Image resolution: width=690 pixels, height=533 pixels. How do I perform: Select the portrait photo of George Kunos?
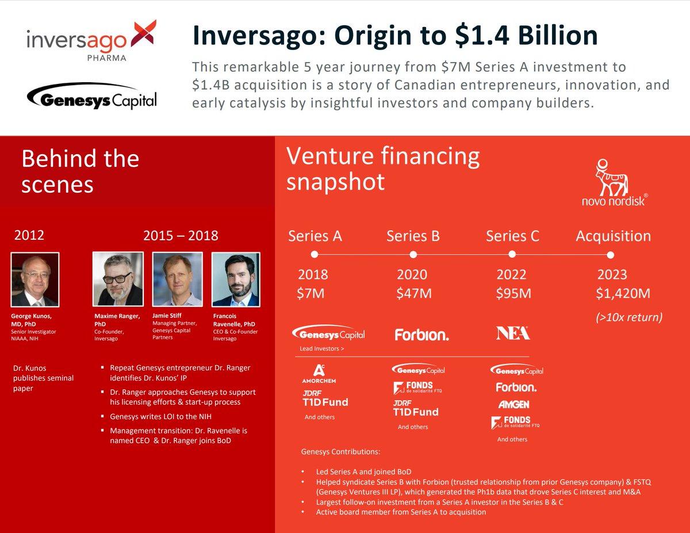(34, 279)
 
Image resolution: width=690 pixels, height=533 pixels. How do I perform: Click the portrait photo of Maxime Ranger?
(118, 279)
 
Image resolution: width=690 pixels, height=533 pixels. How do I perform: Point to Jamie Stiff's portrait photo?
(177, 279)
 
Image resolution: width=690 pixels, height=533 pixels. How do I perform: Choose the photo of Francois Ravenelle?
(236, 279)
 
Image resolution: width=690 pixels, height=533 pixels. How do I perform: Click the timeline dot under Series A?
(314, 254)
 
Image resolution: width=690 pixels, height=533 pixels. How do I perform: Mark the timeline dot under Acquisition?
(611, 254)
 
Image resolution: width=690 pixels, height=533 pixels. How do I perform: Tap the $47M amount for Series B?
(413, 293)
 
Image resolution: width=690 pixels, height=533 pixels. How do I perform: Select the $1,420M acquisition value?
(623, 293)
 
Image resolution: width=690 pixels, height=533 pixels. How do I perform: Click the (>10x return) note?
(628, 317)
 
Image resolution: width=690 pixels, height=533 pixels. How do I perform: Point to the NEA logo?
(512, 333)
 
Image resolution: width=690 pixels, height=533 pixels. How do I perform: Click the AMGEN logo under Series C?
(513, 404)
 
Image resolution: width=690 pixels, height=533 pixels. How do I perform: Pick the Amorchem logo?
(319, 374)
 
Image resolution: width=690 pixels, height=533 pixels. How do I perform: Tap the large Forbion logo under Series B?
(421, 334)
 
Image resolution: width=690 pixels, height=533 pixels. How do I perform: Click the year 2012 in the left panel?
(29, 235)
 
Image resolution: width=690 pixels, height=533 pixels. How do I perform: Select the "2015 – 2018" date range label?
(181, 235)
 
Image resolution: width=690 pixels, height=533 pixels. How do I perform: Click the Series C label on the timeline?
(512, 236)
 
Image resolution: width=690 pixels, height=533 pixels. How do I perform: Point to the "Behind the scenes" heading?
(80, 171)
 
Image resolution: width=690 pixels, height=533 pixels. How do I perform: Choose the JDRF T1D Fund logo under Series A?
(325, 398)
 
